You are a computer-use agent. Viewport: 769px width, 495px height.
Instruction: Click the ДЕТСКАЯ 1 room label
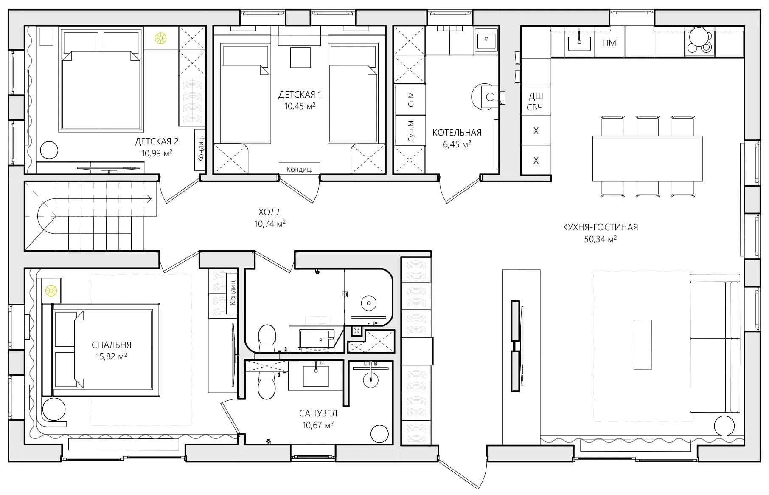(300, 94)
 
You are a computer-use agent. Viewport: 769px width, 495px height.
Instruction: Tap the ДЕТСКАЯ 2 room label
(157, 141)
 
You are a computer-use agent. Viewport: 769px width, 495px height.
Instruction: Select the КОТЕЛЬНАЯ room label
(457, 133)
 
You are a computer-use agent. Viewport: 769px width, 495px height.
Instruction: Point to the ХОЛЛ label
(270, 212)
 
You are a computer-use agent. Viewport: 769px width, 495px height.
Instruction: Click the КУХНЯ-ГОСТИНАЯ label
(600, 227)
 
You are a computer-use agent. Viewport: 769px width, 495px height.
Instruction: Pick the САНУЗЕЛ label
(318, 413)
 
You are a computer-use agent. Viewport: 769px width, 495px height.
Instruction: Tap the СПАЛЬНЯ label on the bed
(111, 345)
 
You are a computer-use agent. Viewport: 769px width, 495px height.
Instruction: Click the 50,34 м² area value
(600, 239)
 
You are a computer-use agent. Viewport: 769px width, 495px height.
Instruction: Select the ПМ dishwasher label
(609, 43)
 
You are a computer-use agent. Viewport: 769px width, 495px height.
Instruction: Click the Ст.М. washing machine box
(410, 99)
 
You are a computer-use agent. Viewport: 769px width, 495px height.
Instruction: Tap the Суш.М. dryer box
(410, 130)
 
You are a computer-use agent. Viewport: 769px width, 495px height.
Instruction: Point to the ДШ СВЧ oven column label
(535, 102)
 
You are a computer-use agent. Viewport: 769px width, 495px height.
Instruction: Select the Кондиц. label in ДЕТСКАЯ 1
(299, 169)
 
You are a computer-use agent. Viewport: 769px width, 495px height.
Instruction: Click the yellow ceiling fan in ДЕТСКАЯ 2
(161, 39)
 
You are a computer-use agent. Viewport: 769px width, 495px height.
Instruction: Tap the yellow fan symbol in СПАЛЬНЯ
(51, 291)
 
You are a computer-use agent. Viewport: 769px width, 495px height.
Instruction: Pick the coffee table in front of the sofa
(643, 345)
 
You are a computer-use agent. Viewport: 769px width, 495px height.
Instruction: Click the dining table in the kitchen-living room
(647, 158)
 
